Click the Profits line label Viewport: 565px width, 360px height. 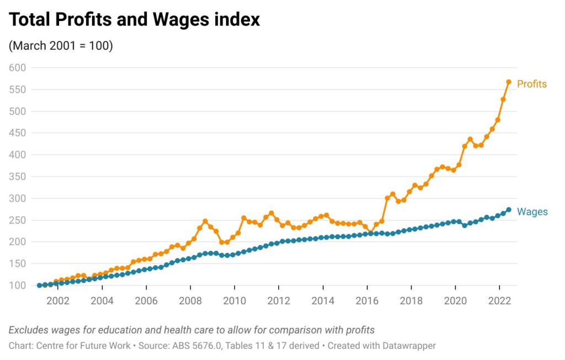531,84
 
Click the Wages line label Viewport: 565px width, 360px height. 532,211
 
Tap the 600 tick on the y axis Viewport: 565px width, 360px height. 18,68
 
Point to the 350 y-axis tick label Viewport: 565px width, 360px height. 18,177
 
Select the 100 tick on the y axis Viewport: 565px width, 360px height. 18,285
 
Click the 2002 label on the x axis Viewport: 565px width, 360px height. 57,301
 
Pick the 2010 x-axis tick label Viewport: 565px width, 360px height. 234,301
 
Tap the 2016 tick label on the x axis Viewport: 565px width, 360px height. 367,301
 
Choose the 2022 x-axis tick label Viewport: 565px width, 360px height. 499,301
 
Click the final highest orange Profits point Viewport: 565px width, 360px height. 509,82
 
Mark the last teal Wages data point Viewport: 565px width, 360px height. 509,210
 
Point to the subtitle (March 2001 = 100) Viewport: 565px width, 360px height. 61,46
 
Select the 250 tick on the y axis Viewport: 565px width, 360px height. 18,220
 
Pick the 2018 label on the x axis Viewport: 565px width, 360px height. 411,301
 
